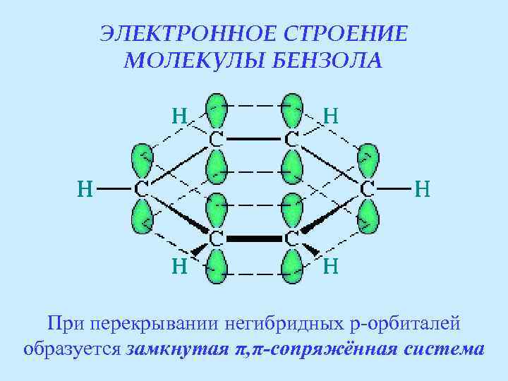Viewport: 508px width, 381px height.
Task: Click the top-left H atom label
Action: point(180,115)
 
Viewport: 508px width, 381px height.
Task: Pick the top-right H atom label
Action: point(329,115)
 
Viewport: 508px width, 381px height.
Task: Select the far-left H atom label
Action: point(85,188)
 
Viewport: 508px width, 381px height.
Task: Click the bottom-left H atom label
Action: point(180,267)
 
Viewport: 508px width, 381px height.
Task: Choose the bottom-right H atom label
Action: point(330,267)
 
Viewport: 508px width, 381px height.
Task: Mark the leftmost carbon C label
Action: point(141,189)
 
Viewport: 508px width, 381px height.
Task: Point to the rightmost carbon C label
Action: point(368,189)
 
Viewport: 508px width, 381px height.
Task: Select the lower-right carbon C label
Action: point(291,238)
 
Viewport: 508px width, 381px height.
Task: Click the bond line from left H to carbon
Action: point(114,189)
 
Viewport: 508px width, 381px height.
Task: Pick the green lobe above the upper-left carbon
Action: point(216,110)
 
